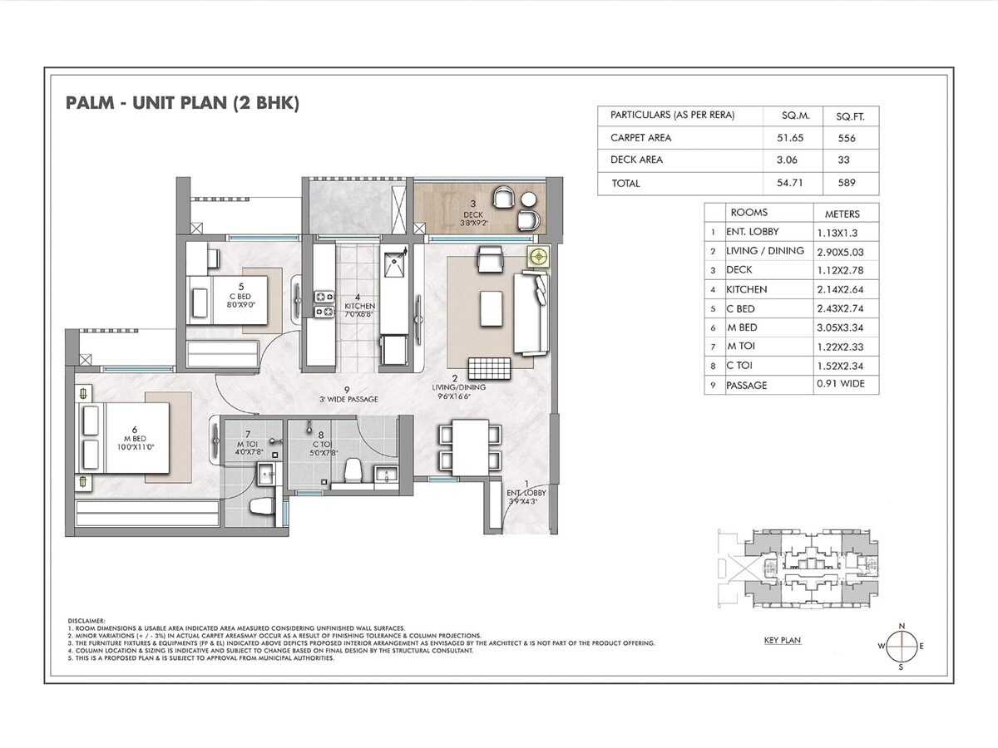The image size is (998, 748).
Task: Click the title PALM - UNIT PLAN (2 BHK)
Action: tap(181, 104)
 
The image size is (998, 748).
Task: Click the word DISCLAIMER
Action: tap(86, 619)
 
